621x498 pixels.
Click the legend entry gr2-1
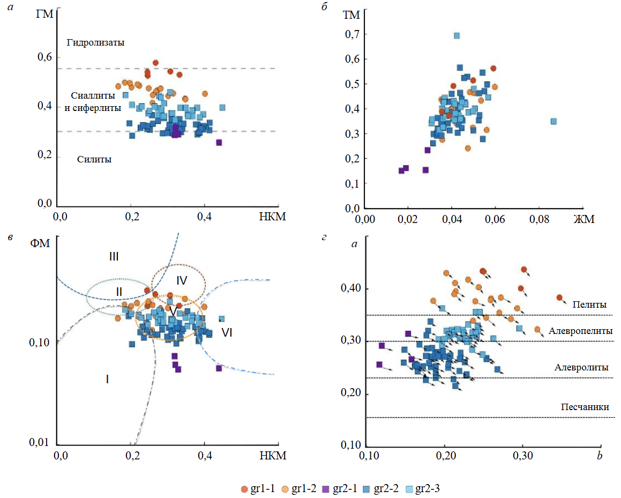(x=343, y=488)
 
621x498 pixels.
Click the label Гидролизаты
(x=95, y=42)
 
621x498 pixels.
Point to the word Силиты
(x=94, y=159)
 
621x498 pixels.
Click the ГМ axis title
(x=44, y=14)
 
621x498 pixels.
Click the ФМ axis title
(x=41, y=244)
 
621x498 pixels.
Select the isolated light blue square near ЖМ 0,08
(x=553, y=121)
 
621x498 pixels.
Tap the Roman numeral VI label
(x=227, y=332)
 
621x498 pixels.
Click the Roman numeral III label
(x=114, y=257)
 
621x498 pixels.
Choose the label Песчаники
(x=585, y=407)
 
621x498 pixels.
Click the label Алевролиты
(x=582, y=368)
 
